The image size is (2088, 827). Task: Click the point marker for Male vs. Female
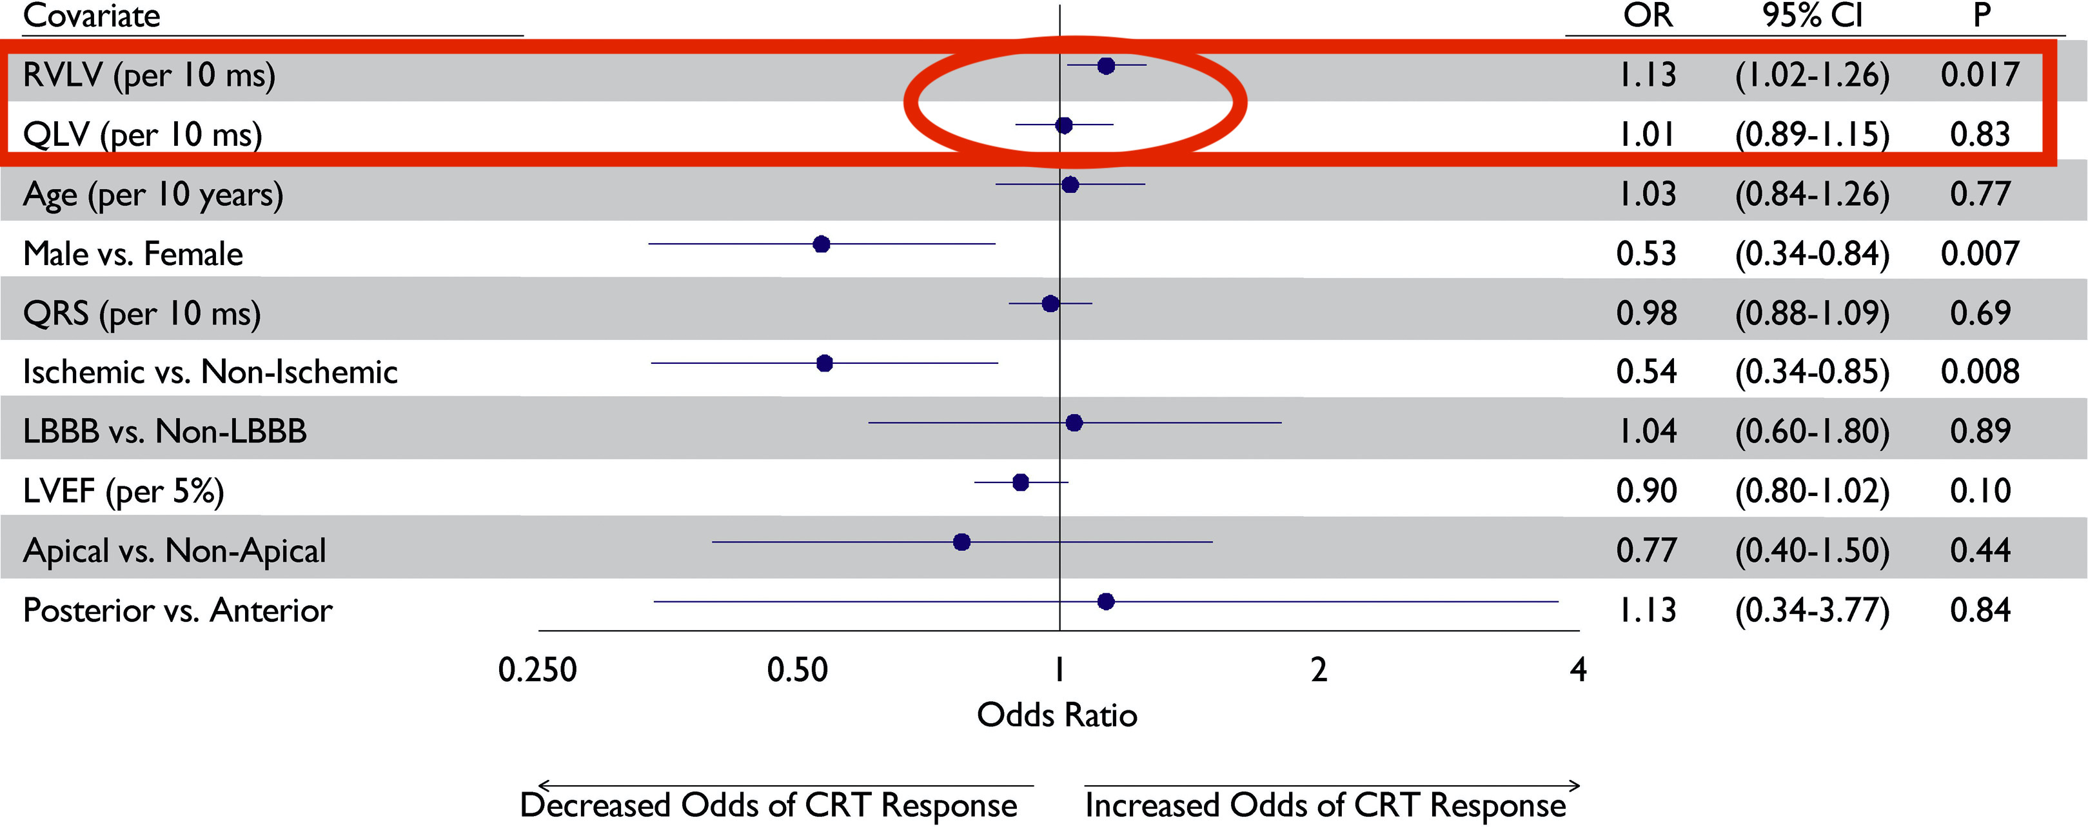[821, 244]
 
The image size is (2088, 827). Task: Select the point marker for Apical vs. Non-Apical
[961, 542]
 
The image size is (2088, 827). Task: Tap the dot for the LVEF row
[1021, 483]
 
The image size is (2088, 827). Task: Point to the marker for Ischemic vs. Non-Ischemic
[824, 363]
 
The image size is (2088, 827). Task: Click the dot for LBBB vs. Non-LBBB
[1074, 423]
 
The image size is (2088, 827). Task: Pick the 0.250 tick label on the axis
[537, 670]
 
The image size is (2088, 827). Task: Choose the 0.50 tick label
[798, 670]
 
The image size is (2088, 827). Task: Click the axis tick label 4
[1577, 670]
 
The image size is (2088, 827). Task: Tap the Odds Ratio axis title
[1057, 714]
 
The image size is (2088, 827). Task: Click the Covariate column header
[92, 16]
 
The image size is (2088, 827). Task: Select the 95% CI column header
[1813, 16]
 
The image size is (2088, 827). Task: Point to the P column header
[1981, 16]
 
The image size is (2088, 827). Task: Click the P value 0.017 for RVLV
[1980, 75]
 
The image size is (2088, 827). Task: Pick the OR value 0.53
[1646, 254]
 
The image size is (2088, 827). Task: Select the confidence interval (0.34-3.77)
[1813, 610]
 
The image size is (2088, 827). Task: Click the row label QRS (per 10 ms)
[142, 313]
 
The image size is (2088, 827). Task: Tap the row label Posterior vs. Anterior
[177, 610]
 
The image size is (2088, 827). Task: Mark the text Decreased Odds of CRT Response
[769, 805]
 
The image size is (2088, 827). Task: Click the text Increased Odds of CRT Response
[1325, 805]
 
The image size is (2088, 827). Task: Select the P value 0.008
[1980, 372]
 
